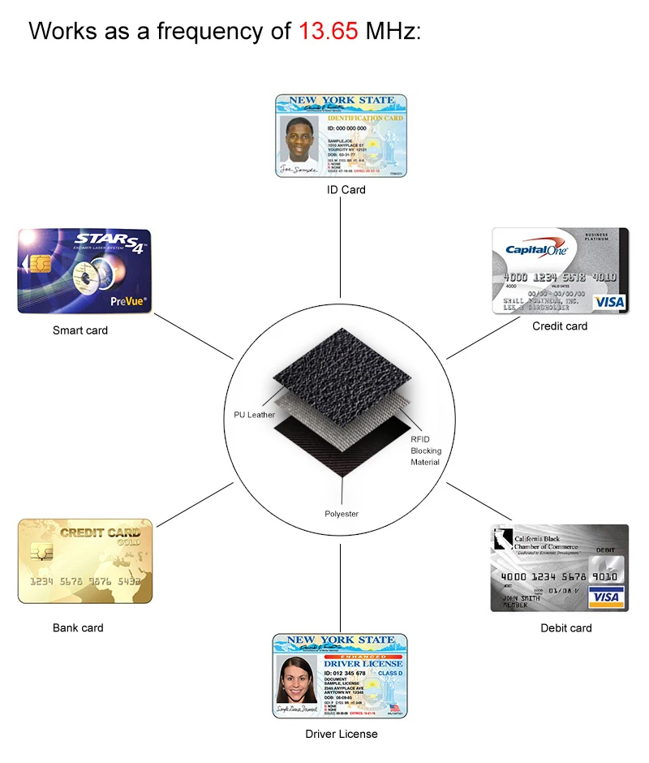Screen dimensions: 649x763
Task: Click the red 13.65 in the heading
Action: (x=328, y=32)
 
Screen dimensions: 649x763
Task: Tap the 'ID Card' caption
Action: (x=346, y=190)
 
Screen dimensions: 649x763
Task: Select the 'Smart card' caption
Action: (x=80, y=330)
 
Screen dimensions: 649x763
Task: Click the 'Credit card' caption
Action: (x=560, y=326)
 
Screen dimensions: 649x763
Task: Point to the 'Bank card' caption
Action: (x=78, y=627)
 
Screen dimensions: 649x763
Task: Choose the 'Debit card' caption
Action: (x=566, y=627)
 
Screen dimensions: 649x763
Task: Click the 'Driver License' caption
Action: (x=342, y=734)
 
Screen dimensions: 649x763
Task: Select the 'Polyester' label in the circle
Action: (x=342, y=514)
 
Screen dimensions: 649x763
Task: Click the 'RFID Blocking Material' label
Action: (x=425, y=450)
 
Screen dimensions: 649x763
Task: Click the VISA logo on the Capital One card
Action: (x=609, y=302)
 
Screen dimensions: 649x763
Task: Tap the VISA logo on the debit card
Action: (x=605, y=597)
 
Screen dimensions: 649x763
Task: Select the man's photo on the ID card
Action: (x=299, y=140)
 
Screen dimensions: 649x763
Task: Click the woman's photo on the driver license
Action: (x=298, y=680)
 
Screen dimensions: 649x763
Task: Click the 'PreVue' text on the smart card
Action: (x=127, y=301)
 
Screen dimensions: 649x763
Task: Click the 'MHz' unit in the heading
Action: (x=392, y=32)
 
